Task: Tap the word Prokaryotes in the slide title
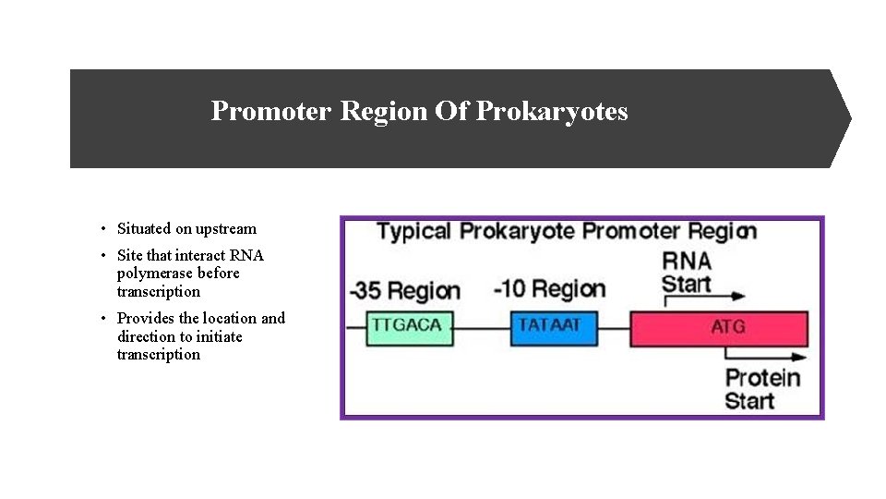tap(552, 112)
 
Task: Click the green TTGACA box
tap(410, 327)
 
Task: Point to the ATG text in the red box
tap(728, 327)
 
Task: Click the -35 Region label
tap(404, 291)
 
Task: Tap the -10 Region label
tap(549, 289)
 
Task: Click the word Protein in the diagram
tap(762, 378)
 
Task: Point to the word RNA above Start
tap(687, 261)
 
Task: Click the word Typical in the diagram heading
tap(414, 231)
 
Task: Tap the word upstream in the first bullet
tap(226, 229)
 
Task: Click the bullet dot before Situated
tap(104, 229)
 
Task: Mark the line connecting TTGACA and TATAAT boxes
tap(482, 329)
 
